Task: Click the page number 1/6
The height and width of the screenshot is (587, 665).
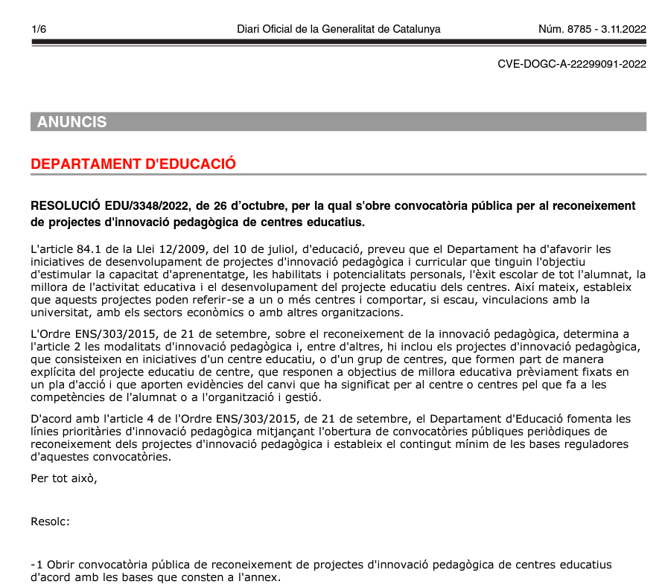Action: coord(39,29)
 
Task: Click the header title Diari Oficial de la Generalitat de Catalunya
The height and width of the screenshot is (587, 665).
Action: coord(338,29)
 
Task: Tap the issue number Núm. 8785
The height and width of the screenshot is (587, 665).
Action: coord(564,29)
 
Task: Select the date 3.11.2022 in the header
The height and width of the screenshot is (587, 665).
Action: coord(622,29)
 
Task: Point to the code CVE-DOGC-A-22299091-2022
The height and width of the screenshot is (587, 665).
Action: coord(571,65)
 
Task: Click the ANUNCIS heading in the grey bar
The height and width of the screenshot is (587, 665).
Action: coord(72,122)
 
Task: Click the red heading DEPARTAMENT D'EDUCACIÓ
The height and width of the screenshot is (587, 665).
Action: coord(133,164)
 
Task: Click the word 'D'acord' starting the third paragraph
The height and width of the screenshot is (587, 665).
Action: coord(50,420)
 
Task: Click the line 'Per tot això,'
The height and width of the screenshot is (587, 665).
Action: coord(64,478)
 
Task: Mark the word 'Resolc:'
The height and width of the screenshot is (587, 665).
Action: coord(50,522)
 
